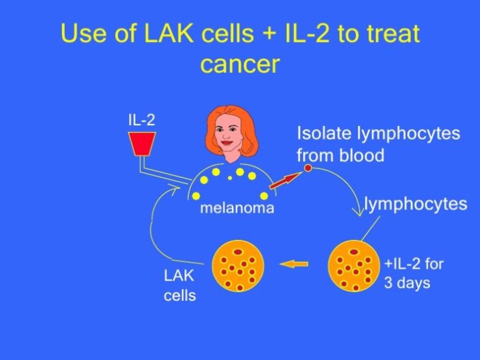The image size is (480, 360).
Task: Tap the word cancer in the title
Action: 240,64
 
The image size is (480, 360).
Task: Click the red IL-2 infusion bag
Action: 142,143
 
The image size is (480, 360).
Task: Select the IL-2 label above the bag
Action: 142,119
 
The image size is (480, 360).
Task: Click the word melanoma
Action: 236,208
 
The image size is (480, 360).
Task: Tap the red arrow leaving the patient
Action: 284,179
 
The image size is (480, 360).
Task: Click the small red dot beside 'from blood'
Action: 308,168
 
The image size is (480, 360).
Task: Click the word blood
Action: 362,155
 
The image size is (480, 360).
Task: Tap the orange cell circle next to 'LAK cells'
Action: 238,265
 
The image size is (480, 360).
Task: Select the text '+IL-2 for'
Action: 413,263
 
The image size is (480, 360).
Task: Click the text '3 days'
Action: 407,283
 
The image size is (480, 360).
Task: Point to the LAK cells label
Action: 179,286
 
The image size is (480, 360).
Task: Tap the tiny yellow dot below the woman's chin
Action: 230,178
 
